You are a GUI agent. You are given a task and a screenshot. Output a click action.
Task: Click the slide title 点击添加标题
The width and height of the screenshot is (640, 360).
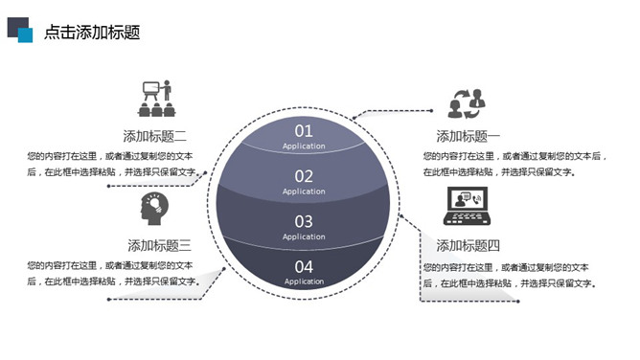92,32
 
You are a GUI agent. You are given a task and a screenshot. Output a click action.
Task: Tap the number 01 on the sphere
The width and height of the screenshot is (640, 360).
304,131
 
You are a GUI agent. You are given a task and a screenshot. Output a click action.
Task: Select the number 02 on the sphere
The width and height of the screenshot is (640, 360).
304,176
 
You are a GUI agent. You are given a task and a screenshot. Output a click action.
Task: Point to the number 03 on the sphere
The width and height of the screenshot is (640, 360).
304,221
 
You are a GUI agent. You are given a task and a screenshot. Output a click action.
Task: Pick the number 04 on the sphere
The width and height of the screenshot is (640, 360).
304,266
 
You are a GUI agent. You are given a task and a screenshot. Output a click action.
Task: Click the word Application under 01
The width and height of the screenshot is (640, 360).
304,146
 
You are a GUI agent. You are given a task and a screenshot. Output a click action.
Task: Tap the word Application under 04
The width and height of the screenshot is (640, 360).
304,281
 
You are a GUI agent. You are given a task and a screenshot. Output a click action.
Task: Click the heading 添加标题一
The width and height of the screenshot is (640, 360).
469,136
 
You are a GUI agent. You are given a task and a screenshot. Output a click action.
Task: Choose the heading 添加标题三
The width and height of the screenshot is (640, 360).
160,244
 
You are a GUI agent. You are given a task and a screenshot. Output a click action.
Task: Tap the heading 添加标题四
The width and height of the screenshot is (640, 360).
469,244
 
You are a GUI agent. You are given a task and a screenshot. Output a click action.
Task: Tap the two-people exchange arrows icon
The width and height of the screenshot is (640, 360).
468,101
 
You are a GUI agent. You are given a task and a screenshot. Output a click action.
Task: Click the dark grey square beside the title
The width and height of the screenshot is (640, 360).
15,26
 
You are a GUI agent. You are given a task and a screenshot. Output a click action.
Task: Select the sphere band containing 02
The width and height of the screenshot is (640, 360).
259,182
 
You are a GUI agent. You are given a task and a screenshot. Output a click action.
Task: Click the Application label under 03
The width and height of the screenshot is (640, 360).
304,236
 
